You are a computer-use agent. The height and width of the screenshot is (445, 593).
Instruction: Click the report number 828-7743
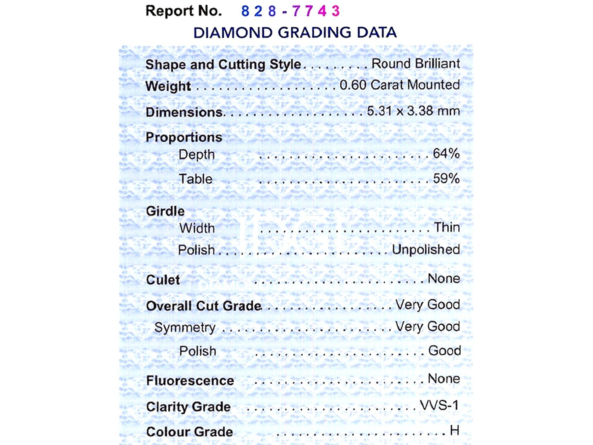[x=290, y=11]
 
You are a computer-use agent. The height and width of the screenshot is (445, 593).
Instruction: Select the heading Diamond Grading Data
[x=295, y=33]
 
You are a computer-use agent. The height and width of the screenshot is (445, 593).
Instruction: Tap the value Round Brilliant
[x=415, y=64]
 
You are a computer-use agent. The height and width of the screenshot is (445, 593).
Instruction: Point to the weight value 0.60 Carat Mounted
[x=399, y=85]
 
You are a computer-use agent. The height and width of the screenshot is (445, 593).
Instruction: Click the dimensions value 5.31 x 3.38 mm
[x=413, y=111]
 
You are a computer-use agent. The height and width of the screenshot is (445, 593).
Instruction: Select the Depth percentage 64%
[x=446, y=154]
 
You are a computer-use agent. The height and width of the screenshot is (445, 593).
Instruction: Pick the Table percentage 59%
[x=446, y=179]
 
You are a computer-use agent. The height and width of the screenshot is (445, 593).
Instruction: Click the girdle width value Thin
[x=447, y=227]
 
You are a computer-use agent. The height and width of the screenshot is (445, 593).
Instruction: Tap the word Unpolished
[x=426, y=250]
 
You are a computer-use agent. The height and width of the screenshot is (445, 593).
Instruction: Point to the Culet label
[x=163, y=280]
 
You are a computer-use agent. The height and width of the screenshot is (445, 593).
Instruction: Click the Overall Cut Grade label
[x=204, y=306]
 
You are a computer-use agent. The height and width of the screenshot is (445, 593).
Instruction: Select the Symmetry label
[x=185, y=327]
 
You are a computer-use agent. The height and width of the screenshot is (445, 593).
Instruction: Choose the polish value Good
[x=444, y=351]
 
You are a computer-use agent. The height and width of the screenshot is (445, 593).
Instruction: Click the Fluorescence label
[x=190, y=381]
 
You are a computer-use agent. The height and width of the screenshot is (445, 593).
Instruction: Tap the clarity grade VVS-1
[x=439, y=405]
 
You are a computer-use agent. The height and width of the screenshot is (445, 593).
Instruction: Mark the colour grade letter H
[x=455, y=430]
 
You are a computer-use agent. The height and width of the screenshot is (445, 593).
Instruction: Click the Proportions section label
[x=184, y=137]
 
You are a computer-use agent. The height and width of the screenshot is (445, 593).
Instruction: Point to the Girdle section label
[x=165, y=211]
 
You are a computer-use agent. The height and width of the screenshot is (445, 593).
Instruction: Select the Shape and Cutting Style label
[x=223, y=64]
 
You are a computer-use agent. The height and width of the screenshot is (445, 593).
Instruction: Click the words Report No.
[x=184, y=11]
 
